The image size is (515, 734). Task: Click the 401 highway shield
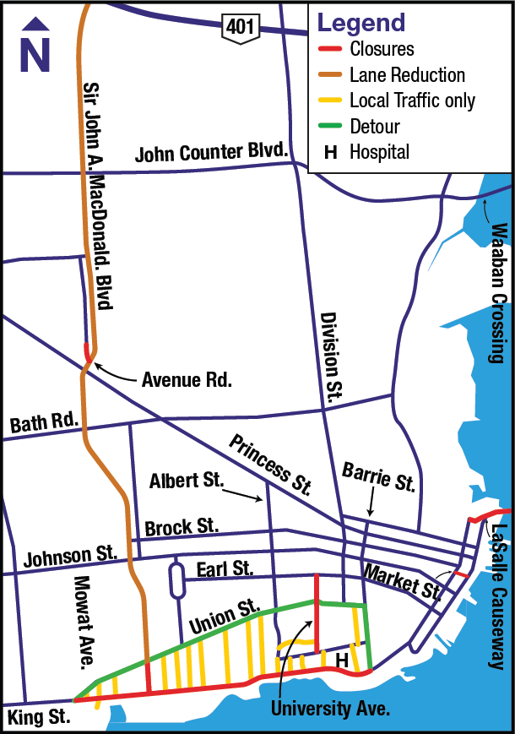click(236, 26)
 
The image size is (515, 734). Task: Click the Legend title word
click(360, 23)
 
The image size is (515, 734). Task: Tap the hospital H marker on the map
click(342, 659)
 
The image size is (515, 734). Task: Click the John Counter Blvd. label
click(212, 155)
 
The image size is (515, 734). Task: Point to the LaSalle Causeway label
click(499, 596)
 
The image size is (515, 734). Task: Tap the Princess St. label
click(271, 465)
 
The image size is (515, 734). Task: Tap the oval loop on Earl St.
click(176, 581)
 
